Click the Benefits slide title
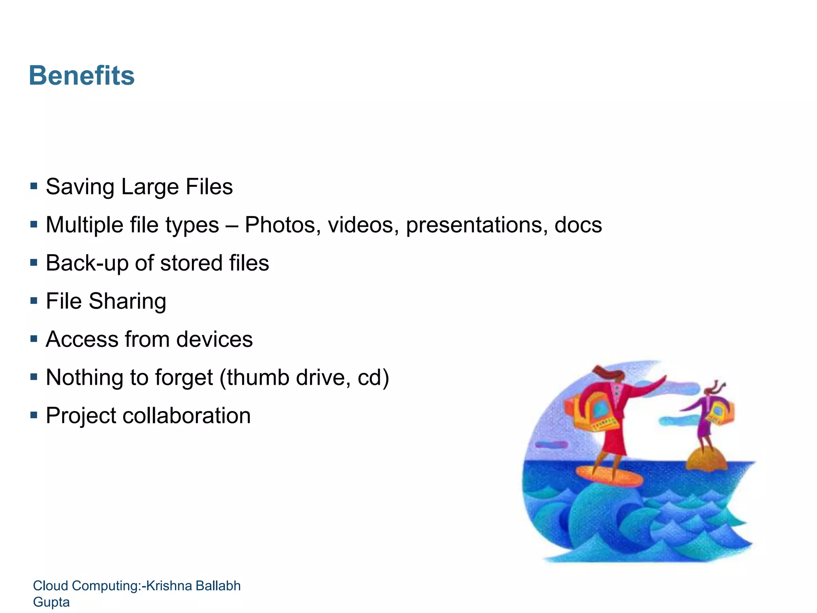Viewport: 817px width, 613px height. pyautogui.click(x=82, y=75)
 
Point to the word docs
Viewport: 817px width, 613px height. pyautogui.click(x=578, y=225)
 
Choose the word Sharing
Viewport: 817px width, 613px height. pyautogui.click(x=127, y=302)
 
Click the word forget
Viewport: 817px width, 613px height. pyautogui.click(x=184, y=378)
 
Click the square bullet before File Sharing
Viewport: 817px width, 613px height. pyautogui.click(x=34, y=301)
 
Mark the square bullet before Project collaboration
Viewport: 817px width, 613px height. pyautogui.click(x=34, y=415)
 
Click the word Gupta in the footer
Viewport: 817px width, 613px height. pyautogui.click(x=51, y=602)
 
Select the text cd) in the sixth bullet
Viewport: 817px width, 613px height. pyautogui.click(x=373, y=378)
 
